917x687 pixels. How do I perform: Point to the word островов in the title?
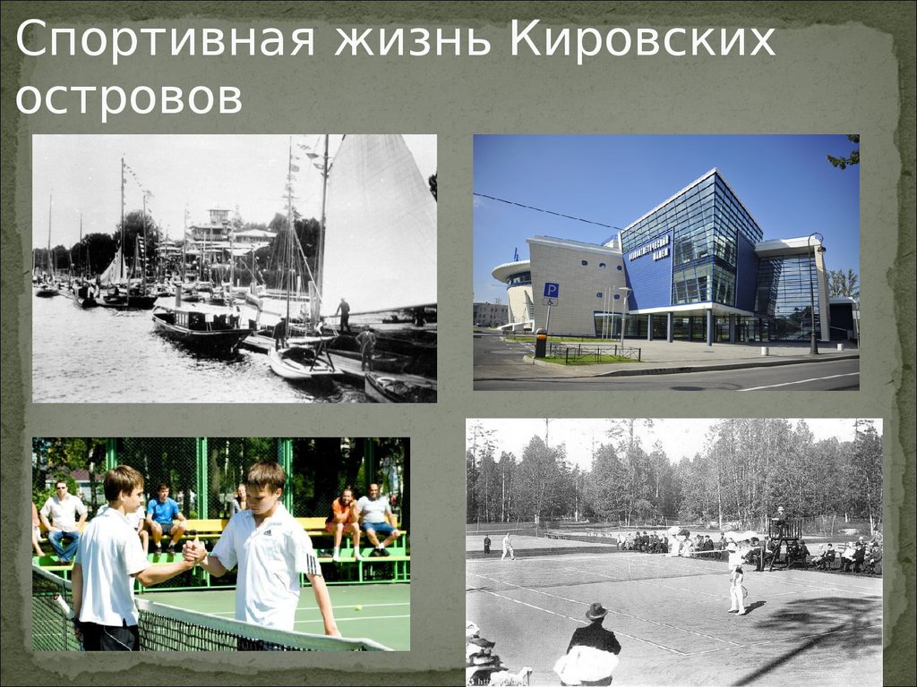click(129, 98)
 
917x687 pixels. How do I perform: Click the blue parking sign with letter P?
click(551, 291)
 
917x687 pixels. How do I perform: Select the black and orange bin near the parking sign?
click(541, 343)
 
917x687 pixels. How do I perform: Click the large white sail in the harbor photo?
click(376, 224)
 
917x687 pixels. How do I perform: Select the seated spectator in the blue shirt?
click(163, 516)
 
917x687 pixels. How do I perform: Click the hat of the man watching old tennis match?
click(595, 611)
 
